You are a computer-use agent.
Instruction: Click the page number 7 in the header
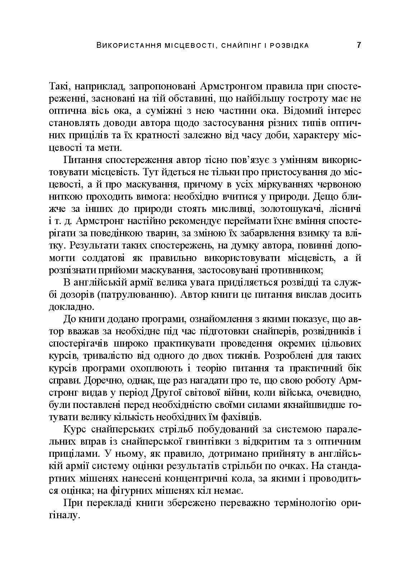tap(358, 45)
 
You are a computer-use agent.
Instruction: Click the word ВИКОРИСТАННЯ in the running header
tap(121, 46)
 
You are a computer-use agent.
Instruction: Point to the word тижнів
tap(256, 356)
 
